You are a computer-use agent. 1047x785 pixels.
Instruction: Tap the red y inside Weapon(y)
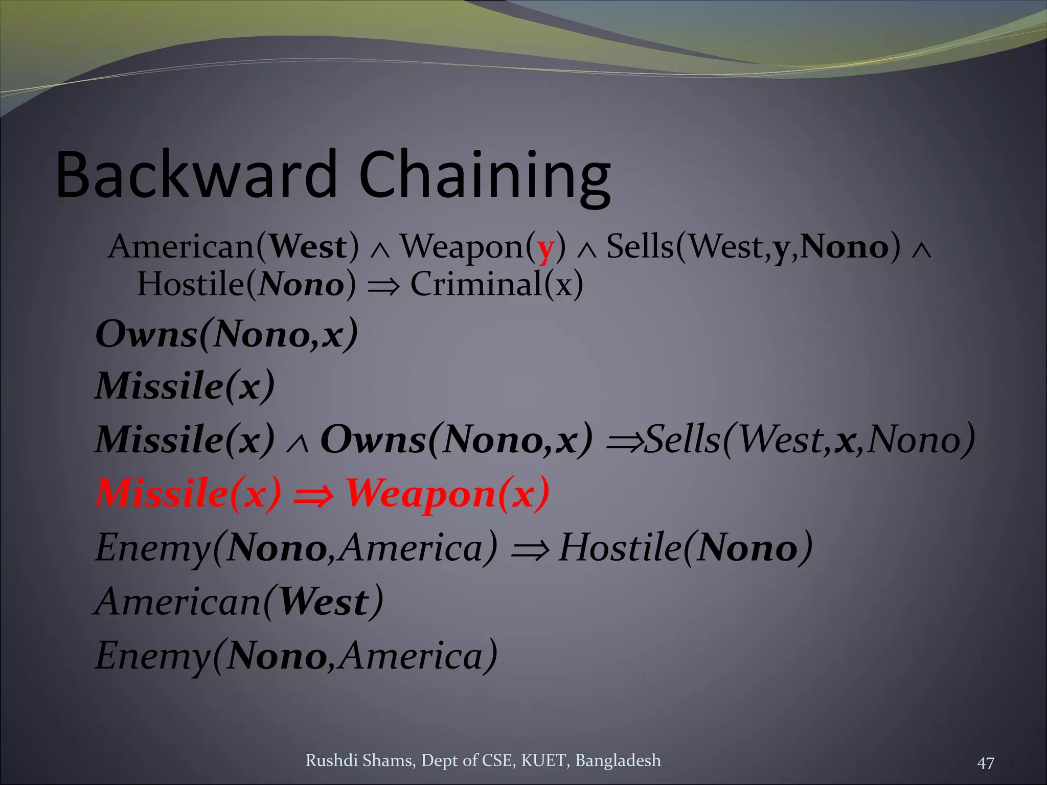point(545,248)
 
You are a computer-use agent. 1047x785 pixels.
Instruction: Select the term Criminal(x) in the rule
point(496,285)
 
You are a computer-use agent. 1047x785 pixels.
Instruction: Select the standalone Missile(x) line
point(185,386)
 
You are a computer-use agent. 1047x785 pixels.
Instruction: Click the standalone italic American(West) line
point(239,602)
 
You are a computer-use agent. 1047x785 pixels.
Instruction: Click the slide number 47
point(985,764)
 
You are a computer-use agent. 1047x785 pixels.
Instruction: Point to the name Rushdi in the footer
point(331,760)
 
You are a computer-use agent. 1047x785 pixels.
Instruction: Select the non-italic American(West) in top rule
point(233,247)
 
